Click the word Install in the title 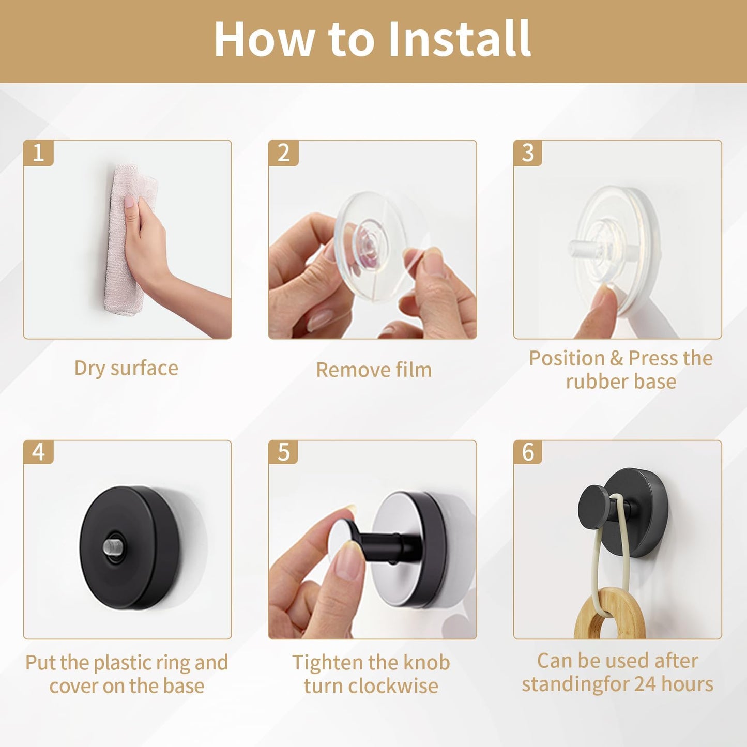click(460, 39)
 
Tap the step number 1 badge click(38, 153)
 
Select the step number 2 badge click(283, 153)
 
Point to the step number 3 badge click(528, 153)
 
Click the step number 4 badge click(38, 452)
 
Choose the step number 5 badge click(283, 452)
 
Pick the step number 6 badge click(528, 452)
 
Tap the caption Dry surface click(126, 368)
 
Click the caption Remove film click(374, 370)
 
